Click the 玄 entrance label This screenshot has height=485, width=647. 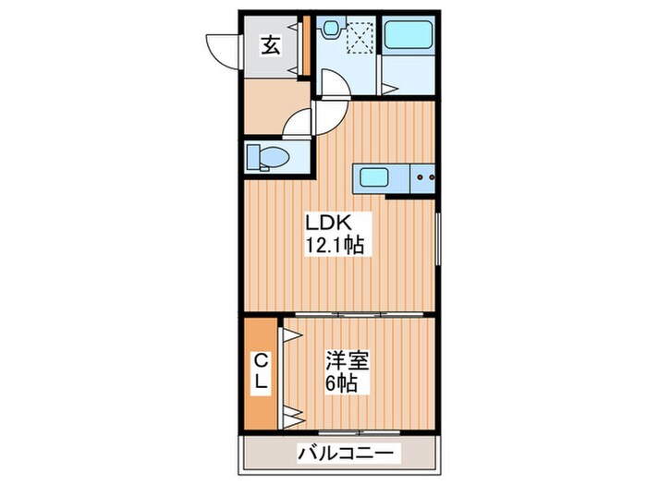(x=271, y=45)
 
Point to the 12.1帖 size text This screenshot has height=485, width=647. (x=335, y=246)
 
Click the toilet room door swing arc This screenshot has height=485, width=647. (x=298, y=123)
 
